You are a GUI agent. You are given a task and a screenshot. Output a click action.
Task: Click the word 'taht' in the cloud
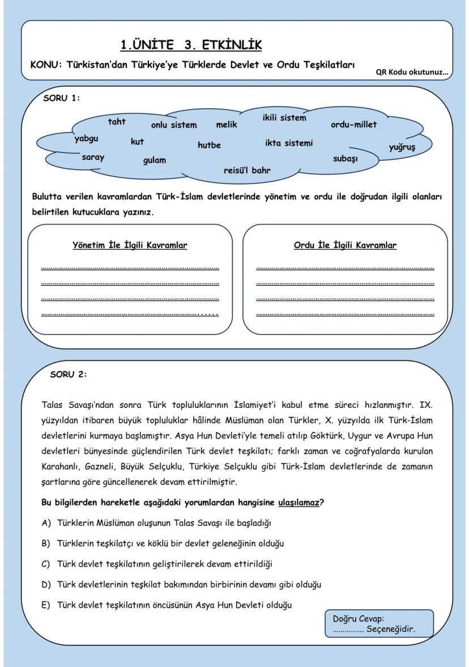[117, 121]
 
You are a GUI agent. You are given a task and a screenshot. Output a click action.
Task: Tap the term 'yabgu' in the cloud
[86, 138]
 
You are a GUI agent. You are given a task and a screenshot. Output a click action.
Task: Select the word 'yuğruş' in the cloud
[402, 147]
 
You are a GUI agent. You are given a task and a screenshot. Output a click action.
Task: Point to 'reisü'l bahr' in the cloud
[247, 169]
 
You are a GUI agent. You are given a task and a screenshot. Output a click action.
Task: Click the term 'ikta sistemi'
[288, 143]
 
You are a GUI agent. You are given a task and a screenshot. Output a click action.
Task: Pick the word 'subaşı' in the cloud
[345, 159]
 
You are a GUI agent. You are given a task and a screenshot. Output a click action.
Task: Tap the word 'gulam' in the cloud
[154, 160]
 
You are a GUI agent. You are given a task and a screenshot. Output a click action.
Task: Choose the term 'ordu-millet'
[353, 124]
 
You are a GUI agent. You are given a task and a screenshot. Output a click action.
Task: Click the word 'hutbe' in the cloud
[209, 145]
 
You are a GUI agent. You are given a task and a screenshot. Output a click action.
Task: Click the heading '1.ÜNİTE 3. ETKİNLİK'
[191, 45]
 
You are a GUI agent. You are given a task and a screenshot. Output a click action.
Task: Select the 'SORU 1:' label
[61, 97]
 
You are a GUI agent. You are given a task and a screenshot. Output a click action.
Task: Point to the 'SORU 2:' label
[69, 374]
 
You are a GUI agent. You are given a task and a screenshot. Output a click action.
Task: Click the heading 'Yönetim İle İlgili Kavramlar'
[130, 245]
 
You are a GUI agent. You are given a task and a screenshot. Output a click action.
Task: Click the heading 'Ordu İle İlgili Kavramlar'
[345, 245]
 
